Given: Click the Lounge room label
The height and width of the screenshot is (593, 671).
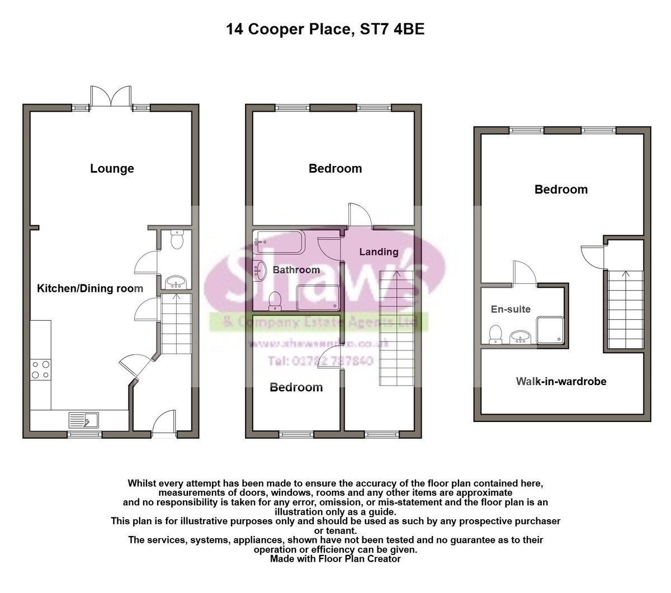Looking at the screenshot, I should (x=112, y=168).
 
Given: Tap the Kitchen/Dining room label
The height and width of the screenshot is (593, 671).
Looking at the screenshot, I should (x=89, y=288).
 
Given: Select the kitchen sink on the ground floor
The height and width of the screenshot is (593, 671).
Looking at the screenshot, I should (x=83, y=419).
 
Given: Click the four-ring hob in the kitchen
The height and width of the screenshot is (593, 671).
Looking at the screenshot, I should (x=40, y=369).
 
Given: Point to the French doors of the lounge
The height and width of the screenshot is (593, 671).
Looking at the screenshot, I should (x=112, y=96).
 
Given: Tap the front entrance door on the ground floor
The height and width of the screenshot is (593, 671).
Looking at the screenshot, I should (x=164, y=423).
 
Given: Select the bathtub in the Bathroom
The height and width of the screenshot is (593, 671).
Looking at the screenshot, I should (x=278, y=242).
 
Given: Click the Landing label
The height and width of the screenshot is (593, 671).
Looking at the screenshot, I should (x=379, y=252).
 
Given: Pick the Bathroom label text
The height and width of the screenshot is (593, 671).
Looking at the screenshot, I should (x=296, y=270).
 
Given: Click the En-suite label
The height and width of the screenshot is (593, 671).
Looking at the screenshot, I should (x=511, y=309).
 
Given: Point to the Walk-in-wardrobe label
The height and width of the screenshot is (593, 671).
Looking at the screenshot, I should (x=561, y=382).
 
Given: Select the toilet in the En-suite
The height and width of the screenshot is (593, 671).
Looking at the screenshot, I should (x=495, y=334).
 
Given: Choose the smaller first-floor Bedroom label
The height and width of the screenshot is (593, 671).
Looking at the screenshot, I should (x=296, y=387).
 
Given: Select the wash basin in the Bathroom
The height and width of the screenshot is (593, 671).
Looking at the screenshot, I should (x=261, y=271).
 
